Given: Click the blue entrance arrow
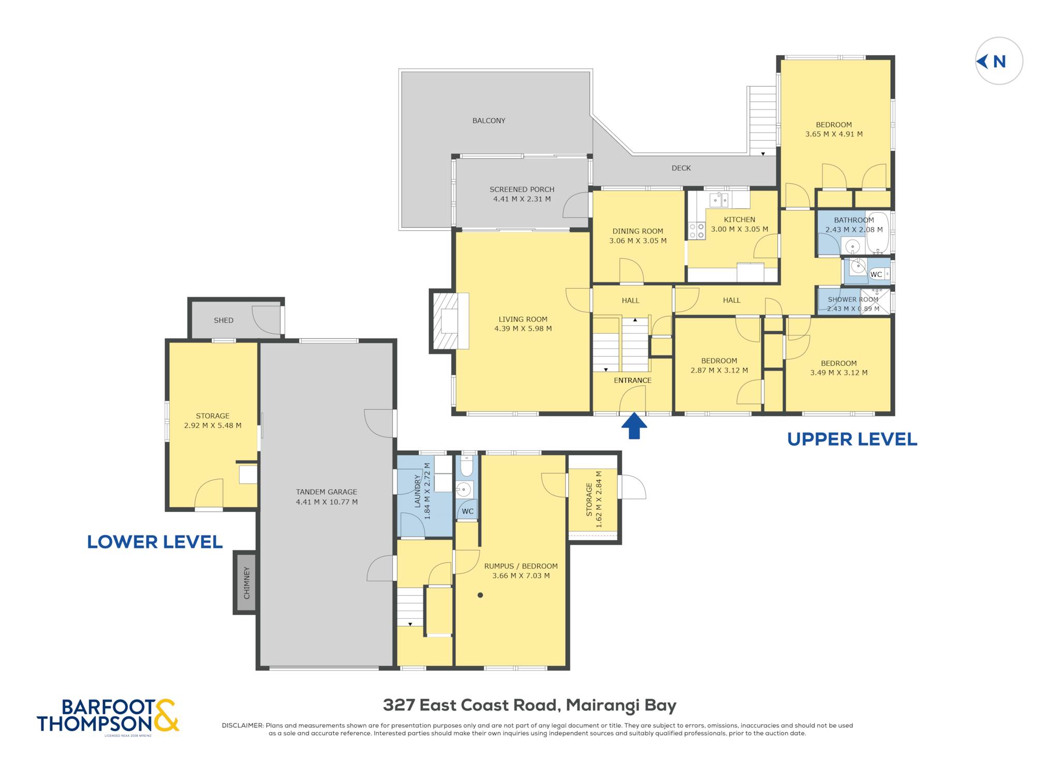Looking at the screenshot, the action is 634,426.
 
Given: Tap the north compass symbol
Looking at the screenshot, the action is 999,61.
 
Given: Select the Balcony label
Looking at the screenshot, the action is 489,121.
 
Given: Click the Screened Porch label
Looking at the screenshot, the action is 522,189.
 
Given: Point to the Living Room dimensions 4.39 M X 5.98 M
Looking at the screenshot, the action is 523,329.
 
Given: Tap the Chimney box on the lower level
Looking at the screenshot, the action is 246,583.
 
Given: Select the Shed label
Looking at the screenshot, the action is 224,320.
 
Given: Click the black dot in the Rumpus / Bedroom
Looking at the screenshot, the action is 480,595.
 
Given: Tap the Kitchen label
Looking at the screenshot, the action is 739,219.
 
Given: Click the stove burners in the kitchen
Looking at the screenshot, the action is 697,231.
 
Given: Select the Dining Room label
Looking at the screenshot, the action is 638,231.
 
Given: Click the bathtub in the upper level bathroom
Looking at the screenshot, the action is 878,233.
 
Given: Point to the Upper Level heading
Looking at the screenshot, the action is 852,439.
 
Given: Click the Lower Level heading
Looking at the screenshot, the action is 155,542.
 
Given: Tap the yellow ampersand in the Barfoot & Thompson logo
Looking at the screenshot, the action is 166,715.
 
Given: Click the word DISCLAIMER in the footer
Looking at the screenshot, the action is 242,725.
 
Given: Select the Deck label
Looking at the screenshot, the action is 681,168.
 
